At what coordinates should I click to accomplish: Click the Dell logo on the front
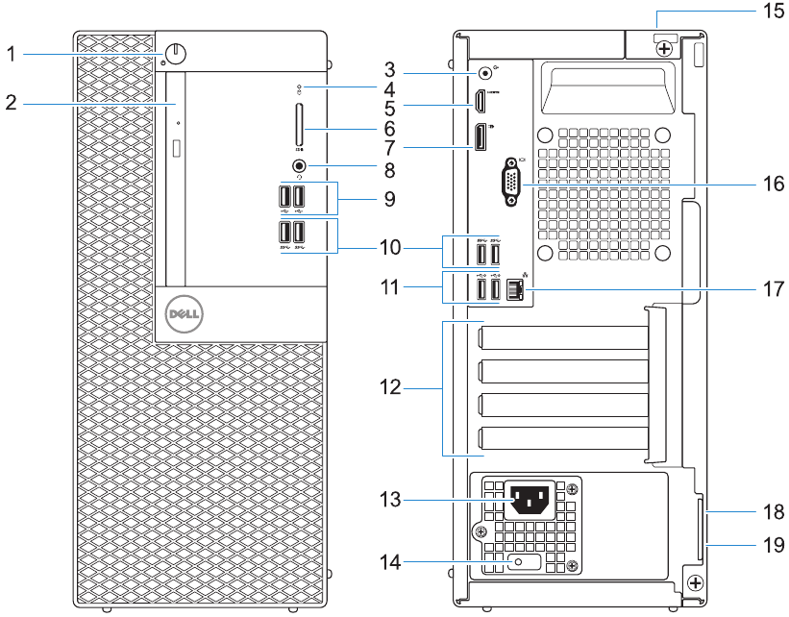click(x=183, y=313)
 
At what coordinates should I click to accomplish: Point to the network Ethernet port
click(x=514, y=287)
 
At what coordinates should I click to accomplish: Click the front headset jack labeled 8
click(x=299, y=165)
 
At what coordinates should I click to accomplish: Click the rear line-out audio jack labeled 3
click(x=484, y=69)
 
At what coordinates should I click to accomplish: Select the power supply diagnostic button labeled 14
click(x=519, y=563)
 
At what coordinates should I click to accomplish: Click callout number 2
click(x=11, y=102)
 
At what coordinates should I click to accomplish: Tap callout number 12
click(x=390, y=389)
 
